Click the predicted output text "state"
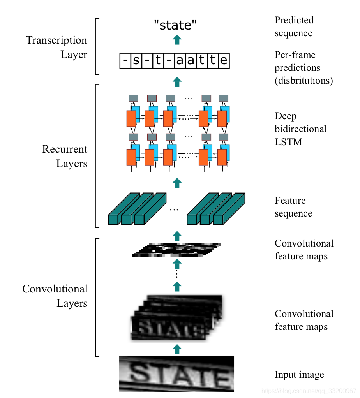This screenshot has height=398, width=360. point(175,25)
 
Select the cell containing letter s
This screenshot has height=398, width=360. point(136,61)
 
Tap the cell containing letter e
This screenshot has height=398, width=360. point(224,61)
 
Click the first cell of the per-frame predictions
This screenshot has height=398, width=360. point(125,61)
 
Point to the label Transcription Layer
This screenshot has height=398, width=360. point(57,47)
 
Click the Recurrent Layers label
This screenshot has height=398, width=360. point(65,156)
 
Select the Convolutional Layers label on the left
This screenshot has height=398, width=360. point(55,296)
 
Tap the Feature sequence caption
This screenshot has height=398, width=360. point(293,207)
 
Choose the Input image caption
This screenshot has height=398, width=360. point(299,375)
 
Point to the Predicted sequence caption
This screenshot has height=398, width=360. point(294,26)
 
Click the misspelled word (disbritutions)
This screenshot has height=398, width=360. point(304,81)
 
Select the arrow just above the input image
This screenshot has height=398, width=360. point(177,349)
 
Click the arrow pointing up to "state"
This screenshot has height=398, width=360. point(177,39)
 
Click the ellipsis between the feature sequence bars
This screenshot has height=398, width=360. point(174,210)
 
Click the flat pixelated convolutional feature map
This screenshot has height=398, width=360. point(176,250)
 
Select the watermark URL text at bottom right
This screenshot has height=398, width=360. point(309,391)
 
